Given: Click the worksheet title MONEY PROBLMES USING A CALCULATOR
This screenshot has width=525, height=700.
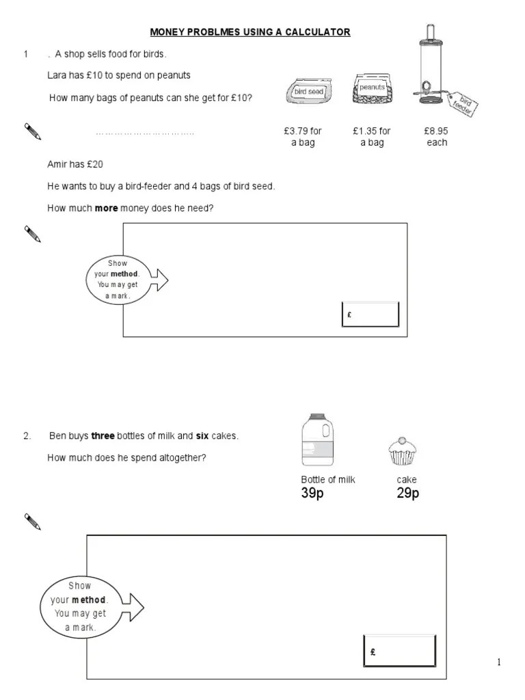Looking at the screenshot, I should (250, 31).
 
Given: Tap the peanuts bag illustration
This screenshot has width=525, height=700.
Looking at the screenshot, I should (372, 90).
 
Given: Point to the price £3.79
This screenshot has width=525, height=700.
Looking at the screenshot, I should (303, 131).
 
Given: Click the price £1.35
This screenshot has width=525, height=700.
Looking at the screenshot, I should (371, 131).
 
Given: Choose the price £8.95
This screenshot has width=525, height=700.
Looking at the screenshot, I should (436, 131).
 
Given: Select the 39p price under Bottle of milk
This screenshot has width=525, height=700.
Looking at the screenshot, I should (312, 494).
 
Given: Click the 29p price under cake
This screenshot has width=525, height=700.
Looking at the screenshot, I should (407, 494).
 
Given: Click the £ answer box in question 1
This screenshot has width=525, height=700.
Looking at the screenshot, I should (370, 314).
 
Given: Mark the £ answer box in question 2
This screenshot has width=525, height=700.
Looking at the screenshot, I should (399, 651).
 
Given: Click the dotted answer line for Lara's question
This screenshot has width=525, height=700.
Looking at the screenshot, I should (145, 133).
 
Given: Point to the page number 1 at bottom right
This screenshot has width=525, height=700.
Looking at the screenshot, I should (499, 662).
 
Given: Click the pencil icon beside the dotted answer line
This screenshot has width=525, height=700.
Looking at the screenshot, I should (32, 131).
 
